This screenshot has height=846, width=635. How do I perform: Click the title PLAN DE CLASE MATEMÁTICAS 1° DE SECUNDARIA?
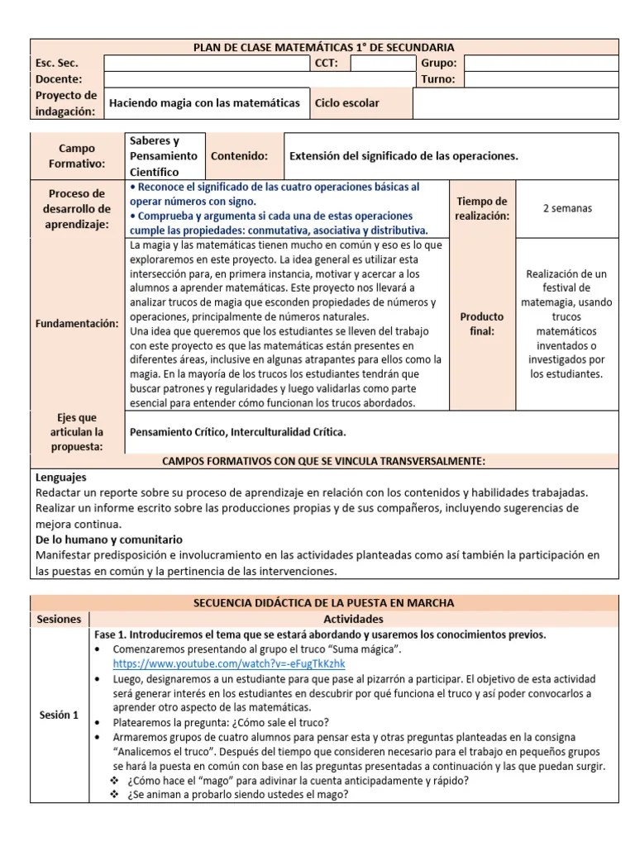coord(324,47)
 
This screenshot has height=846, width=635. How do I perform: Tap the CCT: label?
coord(326,63)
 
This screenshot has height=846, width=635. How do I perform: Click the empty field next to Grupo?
coord(541,63)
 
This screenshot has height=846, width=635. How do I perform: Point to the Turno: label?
coord(438,79)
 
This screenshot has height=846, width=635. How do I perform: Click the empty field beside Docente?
coord(258,79)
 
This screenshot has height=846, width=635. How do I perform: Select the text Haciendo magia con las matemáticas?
coord(205,103)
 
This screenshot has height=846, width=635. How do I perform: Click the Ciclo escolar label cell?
coord(361,103)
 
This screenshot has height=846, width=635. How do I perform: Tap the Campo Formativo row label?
coord(77,156)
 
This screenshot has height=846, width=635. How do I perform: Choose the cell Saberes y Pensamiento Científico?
coord(164,156)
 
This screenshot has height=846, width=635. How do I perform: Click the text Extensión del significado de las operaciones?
coord(403,156)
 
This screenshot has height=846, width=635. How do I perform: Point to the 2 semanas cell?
coord(566,208)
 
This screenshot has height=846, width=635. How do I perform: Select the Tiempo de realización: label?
coord(481,208)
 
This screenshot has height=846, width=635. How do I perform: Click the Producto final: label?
coord(481,324)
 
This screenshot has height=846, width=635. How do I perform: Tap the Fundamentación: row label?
coord(77,324)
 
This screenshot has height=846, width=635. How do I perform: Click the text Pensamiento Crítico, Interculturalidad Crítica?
coord(238,432)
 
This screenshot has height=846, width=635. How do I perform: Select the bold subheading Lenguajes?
coord(61,477)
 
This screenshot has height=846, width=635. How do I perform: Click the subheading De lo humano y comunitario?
coord(108,539)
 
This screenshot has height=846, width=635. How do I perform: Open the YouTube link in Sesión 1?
coord(229,663)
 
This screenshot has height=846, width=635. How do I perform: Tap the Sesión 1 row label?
coord(59,715)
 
